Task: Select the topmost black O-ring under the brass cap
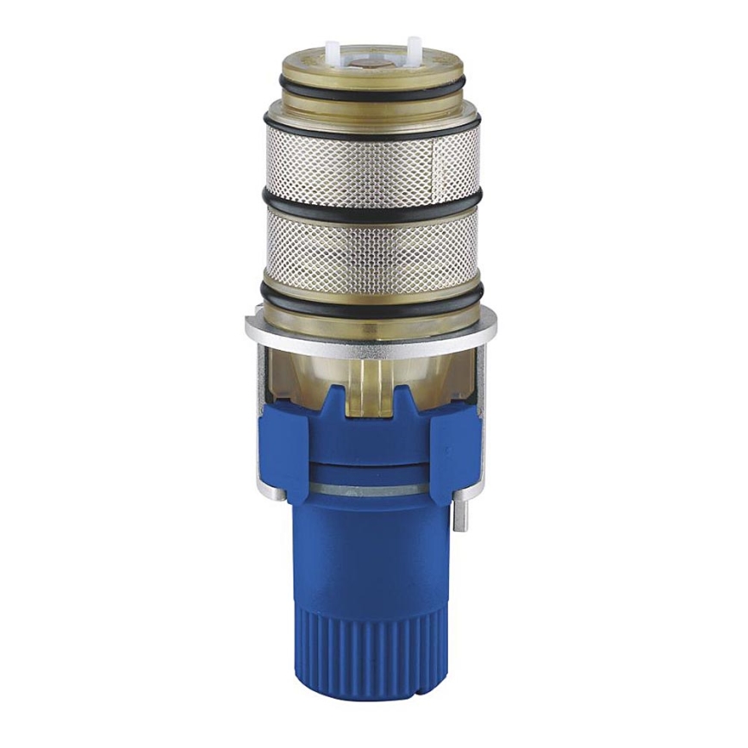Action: pyautogui.click(x=373, y=87)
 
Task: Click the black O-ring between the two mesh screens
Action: pyautogui.click(x=373, y=207)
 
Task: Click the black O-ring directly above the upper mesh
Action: pyautogui.click(x=373, y=122)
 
